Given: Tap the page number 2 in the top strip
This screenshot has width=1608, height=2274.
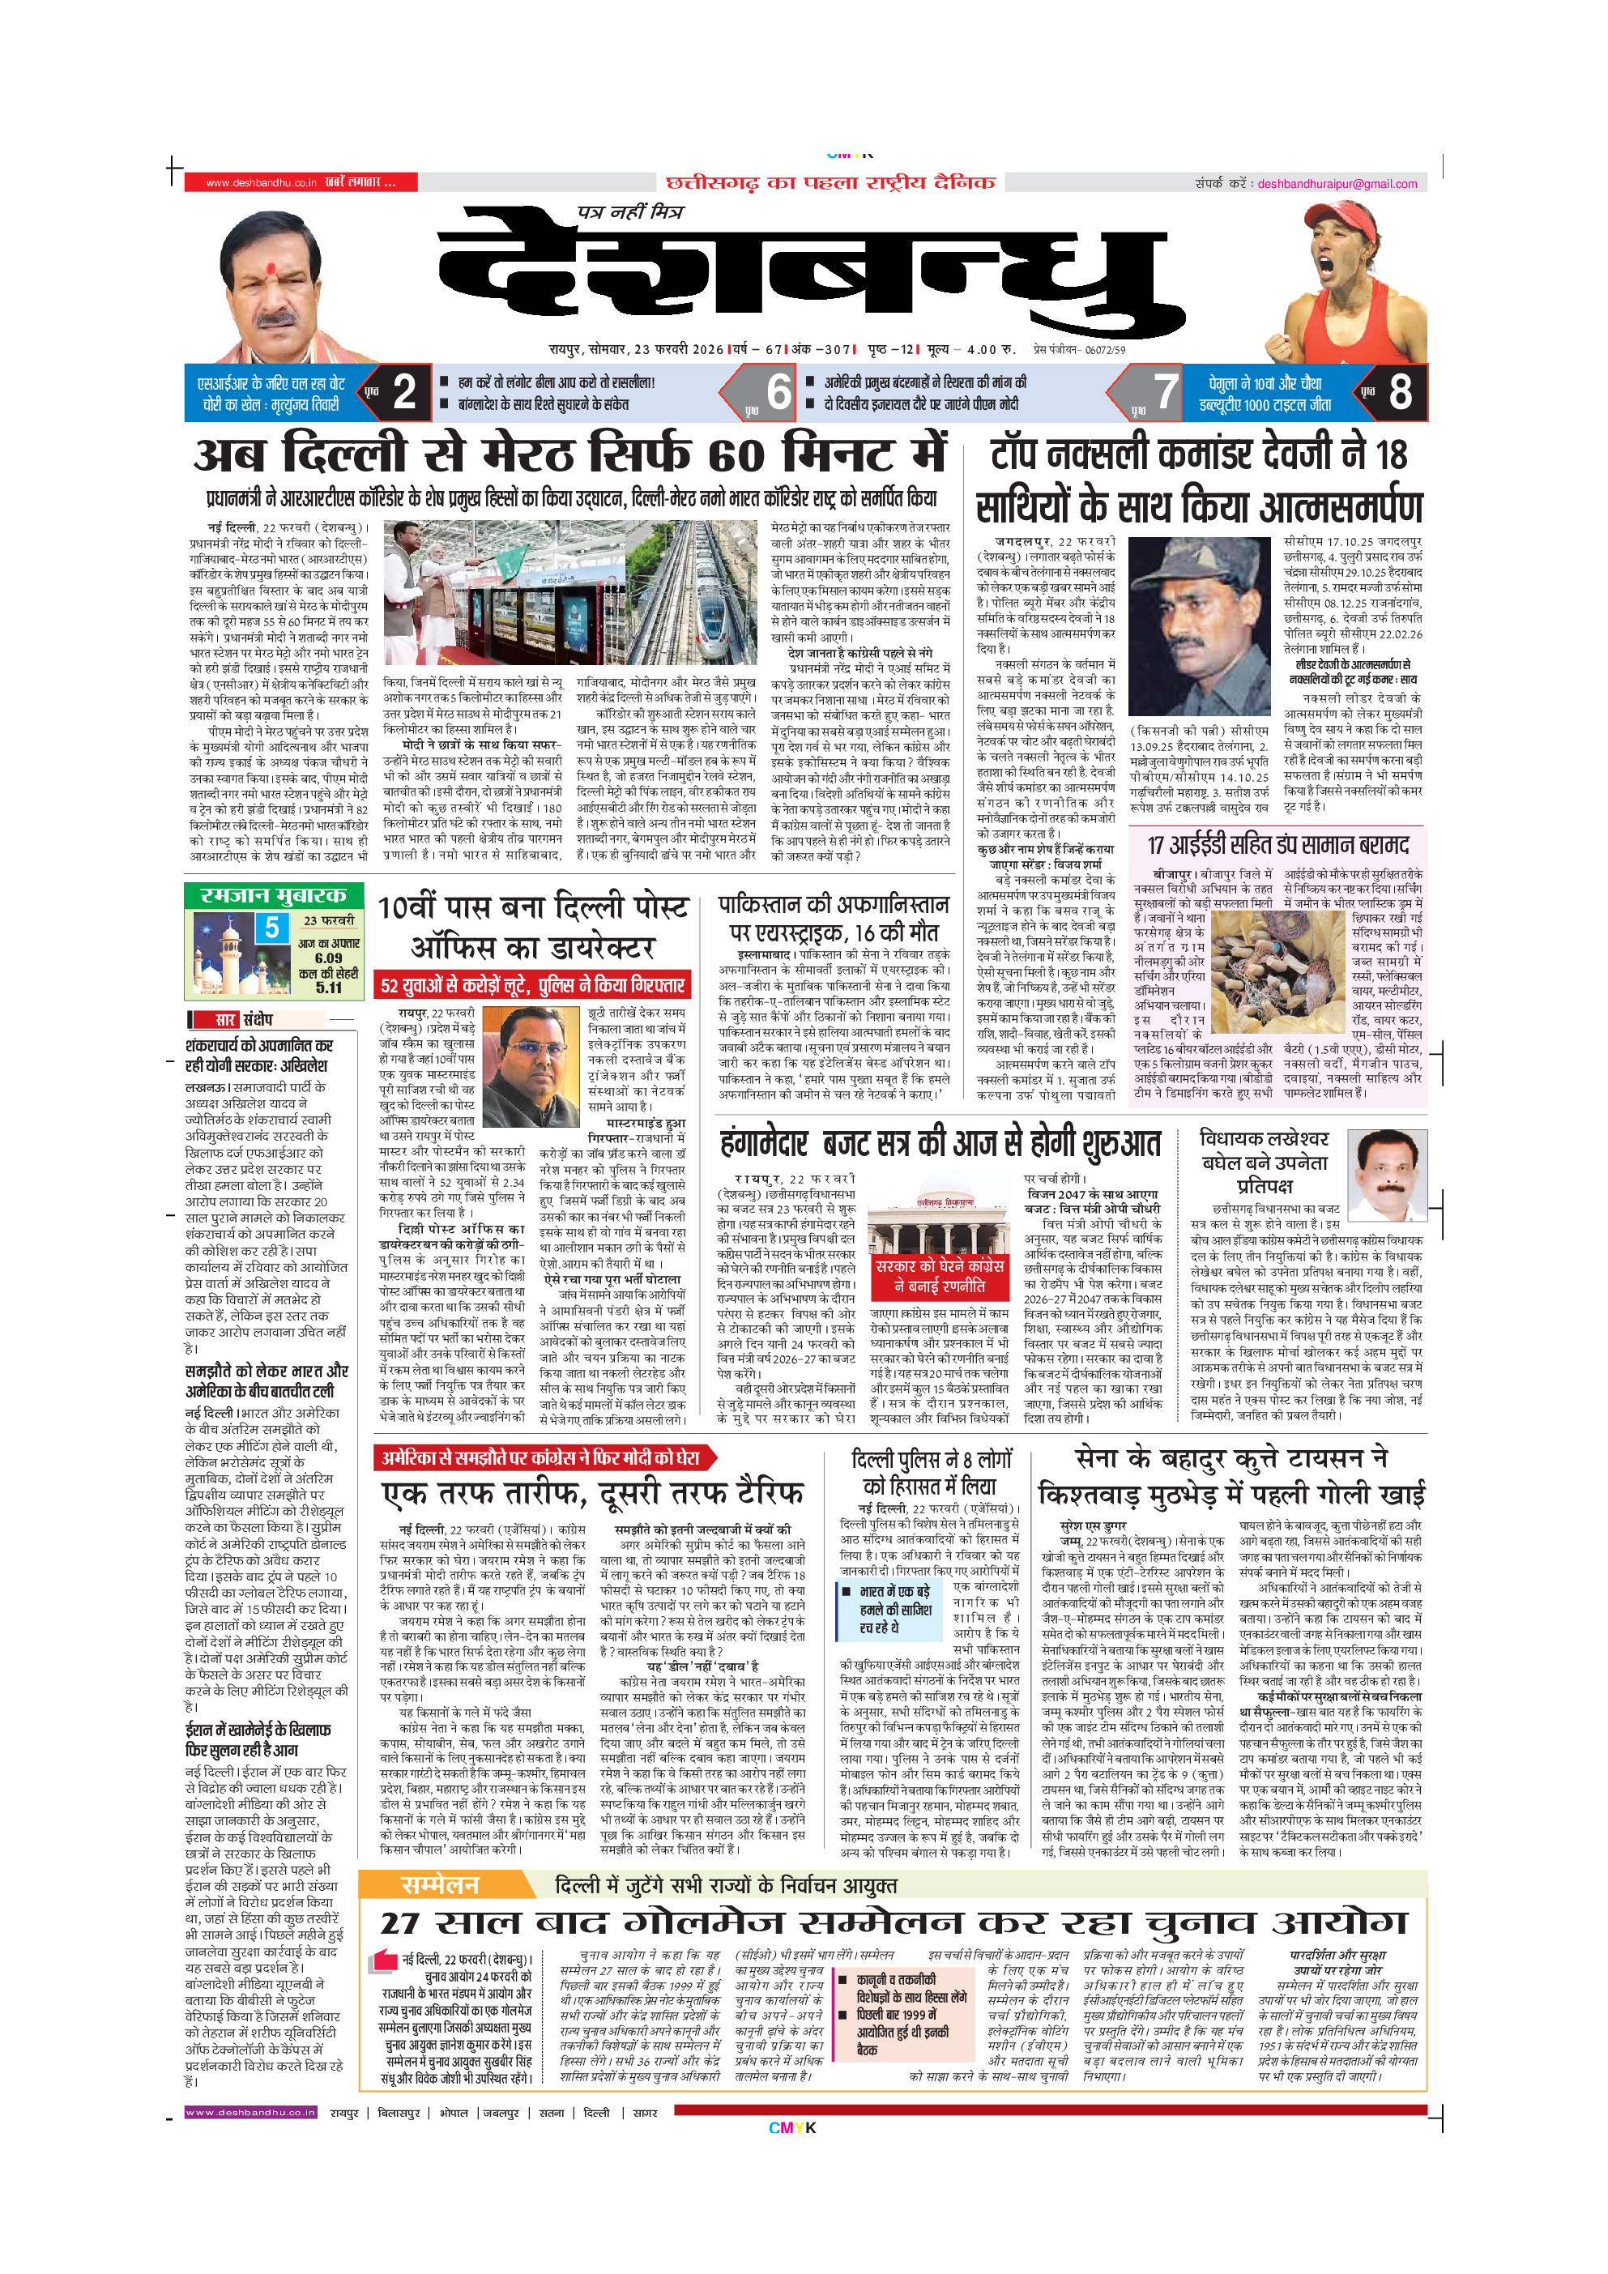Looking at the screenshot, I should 404,392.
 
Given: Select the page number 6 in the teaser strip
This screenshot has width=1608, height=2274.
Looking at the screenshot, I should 778,392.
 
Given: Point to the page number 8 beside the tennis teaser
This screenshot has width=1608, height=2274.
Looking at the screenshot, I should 1399,392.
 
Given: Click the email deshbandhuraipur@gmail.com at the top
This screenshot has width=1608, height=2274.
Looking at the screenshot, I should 1337,183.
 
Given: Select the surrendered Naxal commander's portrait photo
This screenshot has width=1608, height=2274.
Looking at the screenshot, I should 1199,618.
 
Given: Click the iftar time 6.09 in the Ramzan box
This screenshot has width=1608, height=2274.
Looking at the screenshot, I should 328,958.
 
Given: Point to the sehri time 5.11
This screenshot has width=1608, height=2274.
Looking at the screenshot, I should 329,988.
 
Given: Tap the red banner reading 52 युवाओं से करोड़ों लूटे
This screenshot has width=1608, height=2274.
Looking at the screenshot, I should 533,985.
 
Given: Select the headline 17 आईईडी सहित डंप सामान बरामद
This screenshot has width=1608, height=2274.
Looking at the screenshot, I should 1277,845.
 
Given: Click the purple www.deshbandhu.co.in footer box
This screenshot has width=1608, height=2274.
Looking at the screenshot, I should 250,2113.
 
